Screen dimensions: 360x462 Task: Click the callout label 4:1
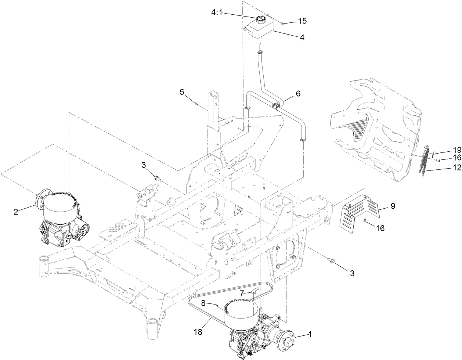pos(217,12)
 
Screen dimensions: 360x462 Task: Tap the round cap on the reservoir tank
pos(261,19)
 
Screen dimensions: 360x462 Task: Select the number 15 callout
pos(302,21)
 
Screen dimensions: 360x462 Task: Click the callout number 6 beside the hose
pos(298,94)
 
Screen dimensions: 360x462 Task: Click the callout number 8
pos(203,303)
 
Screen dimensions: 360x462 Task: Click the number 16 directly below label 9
pos(380,228)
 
